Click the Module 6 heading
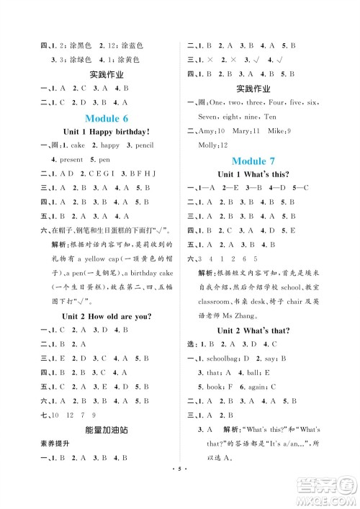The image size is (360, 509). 106,117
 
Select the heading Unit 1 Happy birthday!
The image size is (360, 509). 106,132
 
